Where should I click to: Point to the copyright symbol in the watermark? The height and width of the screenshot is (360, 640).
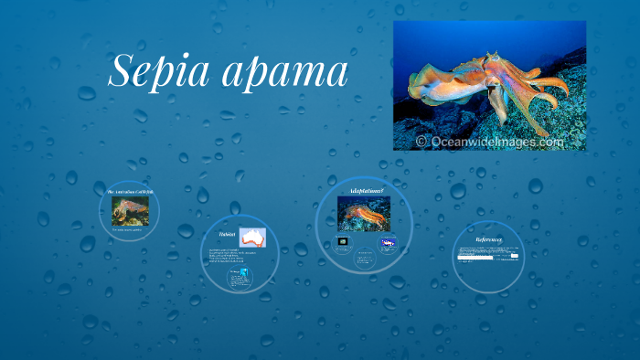[421, 142]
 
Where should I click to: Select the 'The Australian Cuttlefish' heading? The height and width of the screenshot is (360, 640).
[129, 190]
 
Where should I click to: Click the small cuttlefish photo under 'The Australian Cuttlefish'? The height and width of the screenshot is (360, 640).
[130, 211]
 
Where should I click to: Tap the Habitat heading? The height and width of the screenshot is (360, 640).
[229, 234]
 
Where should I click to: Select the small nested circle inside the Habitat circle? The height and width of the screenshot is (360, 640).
[240, 279]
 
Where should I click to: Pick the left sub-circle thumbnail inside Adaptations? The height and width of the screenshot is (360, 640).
[343, 242]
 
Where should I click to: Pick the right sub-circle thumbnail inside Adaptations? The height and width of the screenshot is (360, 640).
[388, 243]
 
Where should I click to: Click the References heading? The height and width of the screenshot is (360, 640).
[487, 239]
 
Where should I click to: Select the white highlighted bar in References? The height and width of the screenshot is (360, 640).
[475, 258]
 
